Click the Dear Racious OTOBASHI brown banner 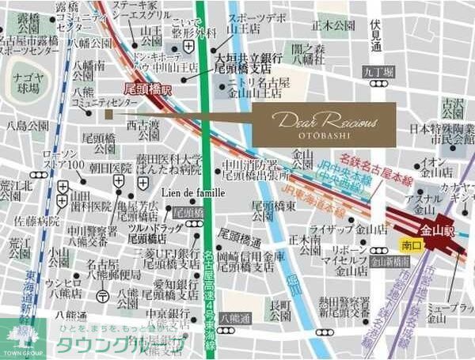click(324, 123)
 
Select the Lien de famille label click(193, 192)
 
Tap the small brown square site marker click(108, 114)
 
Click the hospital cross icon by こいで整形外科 click(188, 47)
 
